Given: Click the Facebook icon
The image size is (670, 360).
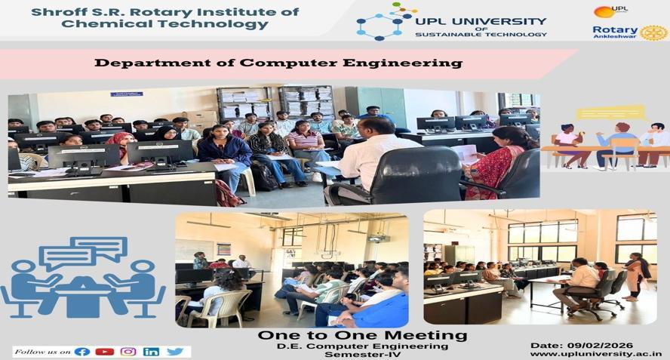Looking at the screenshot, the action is click(x=82, y=352).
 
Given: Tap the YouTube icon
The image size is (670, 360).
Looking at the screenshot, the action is click(x=105, y=352).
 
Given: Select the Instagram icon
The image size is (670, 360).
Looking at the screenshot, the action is click(x=128, y=352).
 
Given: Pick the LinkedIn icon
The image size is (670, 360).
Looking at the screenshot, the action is click(x=151, y=352).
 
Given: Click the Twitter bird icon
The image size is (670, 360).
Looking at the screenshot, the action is click(x=175, y=352).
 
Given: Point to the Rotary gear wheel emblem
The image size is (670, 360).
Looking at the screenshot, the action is click(x=653, y=32).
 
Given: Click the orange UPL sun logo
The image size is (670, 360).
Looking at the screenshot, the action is click(x=604, y=11).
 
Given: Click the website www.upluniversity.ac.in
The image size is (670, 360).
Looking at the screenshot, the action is click(x=596, y=354).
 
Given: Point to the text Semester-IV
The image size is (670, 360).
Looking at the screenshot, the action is click(x=362, y=355).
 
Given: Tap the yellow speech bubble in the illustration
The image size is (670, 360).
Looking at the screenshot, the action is click(x=610, y=113).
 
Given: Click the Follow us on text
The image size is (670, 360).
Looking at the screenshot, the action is click(x=42, y=352).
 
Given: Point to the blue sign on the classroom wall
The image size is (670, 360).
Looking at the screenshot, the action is click(x=127, y=94).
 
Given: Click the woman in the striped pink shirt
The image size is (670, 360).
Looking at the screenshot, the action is click(x=306, y=147).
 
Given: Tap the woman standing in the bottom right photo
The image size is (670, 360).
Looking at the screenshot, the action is click(x=636, y=275).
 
